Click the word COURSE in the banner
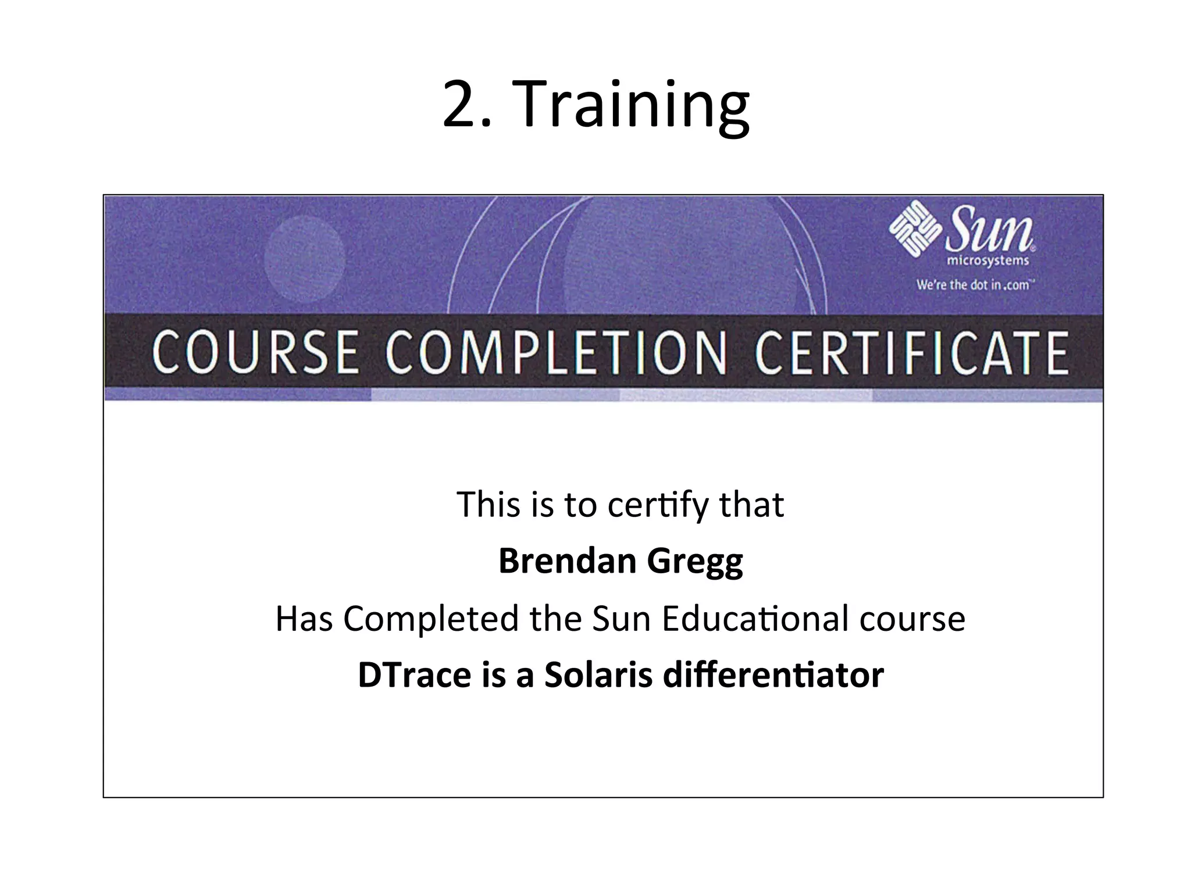[255, 353]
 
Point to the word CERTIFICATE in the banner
[911, 353]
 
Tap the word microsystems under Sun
[988, 261]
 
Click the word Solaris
[598, 675]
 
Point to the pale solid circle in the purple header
[304, 259]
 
